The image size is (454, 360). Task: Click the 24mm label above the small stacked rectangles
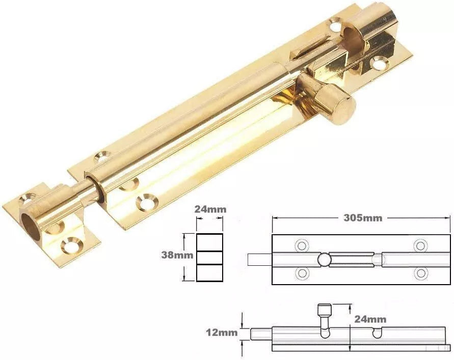210,209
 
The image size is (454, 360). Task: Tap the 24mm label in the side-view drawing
371,319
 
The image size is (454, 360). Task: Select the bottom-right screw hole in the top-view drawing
420,273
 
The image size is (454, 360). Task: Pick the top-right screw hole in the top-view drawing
420,245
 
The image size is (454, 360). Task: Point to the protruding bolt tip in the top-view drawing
259,260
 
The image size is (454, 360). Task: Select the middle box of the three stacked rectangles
210,258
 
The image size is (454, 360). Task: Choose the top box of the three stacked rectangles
210,242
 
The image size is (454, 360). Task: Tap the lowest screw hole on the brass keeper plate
71,246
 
